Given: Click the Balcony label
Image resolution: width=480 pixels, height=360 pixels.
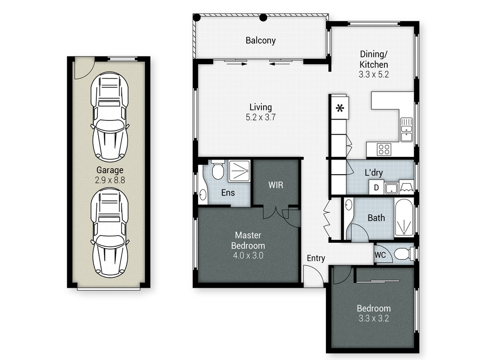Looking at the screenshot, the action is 260,40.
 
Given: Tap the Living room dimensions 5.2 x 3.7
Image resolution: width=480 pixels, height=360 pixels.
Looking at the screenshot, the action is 260,117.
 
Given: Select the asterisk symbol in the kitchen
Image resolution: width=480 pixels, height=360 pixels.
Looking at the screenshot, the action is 340,108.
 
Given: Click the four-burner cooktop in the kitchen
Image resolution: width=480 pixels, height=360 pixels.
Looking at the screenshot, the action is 384,150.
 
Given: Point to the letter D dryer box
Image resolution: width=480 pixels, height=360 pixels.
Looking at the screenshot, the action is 376,187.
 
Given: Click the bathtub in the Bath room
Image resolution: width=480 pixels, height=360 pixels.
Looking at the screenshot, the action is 404,218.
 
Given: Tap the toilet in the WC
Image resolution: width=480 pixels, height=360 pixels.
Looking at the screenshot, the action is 404,254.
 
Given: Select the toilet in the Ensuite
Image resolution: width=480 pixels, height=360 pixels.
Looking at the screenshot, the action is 218,170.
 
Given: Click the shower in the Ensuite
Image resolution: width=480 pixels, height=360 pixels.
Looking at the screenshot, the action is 239,171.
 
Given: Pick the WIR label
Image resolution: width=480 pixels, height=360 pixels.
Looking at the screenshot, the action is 275,185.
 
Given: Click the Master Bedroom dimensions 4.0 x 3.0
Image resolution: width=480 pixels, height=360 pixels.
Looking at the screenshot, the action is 248,255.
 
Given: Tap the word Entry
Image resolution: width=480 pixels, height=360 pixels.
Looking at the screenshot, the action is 316,258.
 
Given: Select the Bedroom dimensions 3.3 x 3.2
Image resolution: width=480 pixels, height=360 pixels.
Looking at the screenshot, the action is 374,318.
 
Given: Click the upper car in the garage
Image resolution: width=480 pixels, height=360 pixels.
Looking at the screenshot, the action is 110,117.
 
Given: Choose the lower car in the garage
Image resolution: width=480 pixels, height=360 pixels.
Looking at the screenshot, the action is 110,233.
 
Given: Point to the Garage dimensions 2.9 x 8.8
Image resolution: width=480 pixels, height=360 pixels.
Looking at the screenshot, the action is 110,180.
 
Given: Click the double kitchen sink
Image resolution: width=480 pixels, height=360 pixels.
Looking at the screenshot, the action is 406,130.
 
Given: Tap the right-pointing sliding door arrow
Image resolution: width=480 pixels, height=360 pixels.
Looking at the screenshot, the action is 236,64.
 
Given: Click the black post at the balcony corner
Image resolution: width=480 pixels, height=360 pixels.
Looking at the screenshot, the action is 197,18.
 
